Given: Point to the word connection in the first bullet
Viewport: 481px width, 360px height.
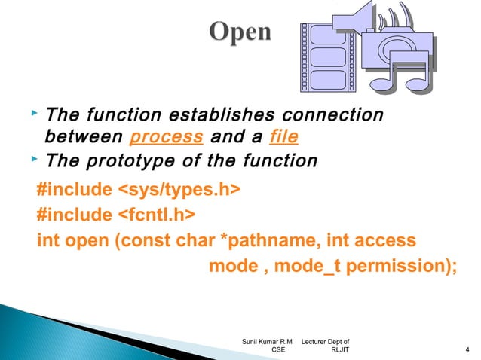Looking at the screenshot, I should pyautogui.click(x=332, y=115).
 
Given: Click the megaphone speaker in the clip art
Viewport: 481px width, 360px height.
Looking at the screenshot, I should pyautogui.click(x=354, y=19).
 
